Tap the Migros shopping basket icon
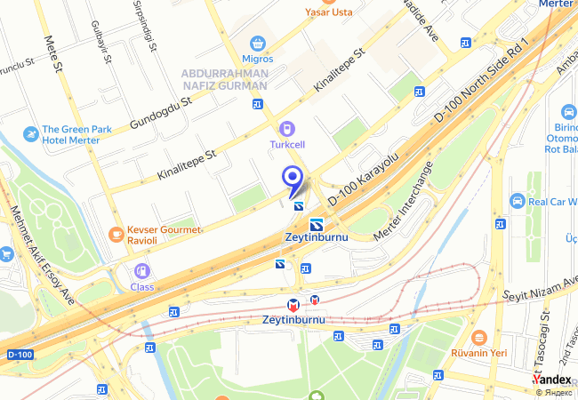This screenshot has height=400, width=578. [x=257, y=42]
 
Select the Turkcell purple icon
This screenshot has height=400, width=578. [x=286, y=128]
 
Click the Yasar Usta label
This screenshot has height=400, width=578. [x=328, y=12]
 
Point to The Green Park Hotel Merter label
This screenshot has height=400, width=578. [x=76, y=134]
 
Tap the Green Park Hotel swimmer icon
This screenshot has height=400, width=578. [x=31, y=133]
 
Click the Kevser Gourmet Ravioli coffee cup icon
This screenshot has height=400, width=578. [x=116, y=234]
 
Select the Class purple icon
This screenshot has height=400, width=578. [x=140, y=271]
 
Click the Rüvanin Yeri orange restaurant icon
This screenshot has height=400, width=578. [x=478, y=337]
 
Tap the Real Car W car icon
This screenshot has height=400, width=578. [x=518, y=202]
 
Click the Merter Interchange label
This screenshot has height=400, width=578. [x=405, y=199]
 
